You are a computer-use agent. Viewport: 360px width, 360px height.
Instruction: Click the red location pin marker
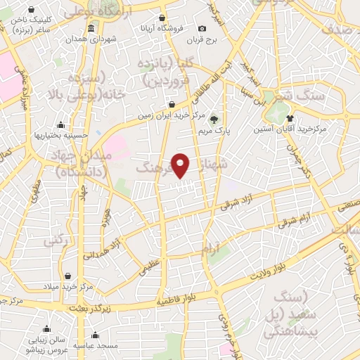pos(181,165)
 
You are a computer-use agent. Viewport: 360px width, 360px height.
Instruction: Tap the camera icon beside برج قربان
pos(202,28)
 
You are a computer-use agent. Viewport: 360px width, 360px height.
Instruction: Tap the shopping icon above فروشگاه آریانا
pos(163,18)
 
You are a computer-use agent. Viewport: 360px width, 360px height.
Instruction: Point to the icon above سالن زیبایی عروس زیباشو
pos(46,328)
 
